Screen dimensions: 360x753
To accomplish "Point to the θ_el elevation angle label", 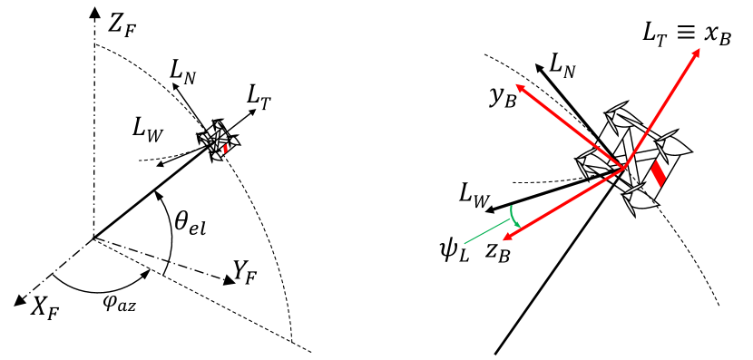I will click(189, 219).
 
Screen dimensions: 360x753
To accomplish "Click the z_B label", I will click(498, 253).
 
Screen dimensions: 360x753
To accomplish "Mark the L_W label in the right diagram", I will click(475, 193).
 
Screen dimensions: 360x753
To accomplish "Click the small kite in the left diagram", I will click(220, 140).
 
